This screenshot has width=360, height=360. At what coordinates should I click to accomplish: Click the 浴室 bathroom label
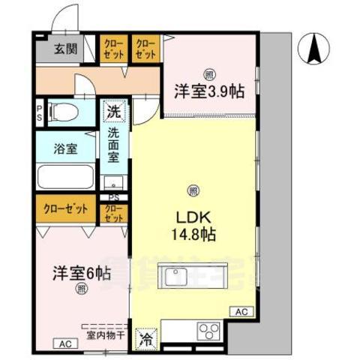coord(64,148)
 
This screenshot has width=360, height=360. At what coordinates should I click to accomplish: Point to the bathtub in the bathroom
coord(64,178)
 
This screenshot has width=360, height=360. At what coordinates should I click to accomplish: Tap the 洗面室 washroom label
coord(113,148)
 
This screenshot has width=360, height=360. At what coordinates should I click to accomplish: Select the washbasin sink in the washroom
coord(114,183)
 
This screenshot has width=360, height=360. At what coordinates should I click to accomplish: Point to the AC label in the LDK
coord(241,310)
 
